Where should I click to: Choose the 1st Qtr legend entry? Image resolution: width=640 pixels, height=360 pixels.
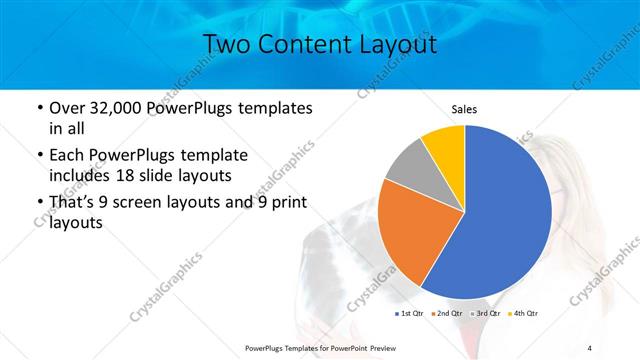(x=409, y=314)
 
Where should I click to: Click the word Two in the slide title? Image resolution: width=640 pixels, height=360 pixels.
(x=225, y=44)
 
